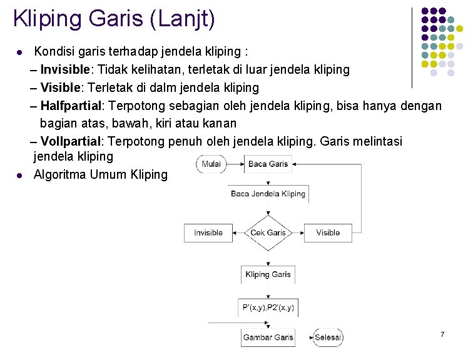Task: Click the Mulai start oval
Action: click(x=211, y=164)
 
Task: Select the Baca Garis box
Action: click(x=268, y=164)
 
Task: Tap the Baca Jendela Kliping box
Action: click(x=268, y=194)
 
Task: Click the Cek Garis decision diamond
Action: click(x=268, y=232)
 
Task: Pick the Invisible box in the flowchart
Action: click(x=208, y=232)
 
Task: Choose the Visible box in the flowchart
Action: click(x=328, y=232)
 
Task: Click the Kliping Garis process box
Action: click(x=268, y=274)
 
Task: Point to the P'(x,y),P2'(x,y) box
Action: click(x=268, y=307)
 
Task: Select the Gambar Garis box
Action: click(x=268, y=337)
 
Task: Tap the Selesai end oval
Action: click(x=328, y=337)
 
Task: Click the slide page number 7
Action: click(x=442, y=335)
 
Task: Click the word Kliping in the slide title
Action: click(x=48, y=19)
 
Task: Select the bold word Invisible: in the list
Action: click(x=66, y=69)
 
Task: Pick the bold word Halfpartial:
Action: click(x=73, y=106)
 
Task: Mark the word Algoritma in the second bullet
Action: click(x=60, y=174)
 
